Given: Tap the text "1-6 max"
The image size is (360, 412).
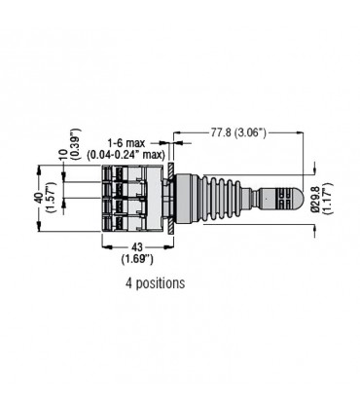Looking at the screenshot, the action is [126, 143].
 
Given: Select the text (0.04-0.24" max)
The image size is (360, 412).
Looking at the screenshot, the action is [126, 155].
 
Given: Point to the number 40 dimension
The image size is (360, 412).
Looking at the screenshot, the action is [39, 198].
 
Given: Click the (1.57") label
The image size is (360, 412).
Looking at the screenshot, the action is [52, 198].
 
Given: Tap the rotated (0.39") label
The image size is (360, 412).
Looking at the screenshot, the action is [76, 144].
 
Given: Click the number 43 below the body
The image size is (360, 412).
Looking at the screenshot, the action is [137, 247].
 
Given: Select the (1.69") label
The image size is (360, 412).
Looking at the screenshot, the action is [137, 259].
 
